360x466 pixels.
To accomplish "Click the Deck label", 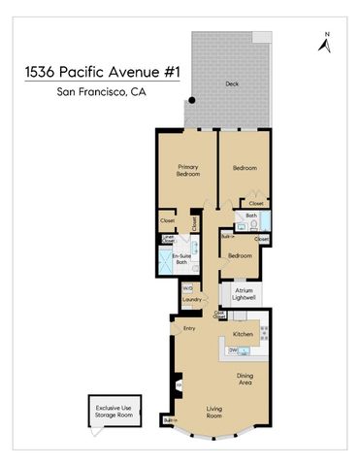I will pos(231,83).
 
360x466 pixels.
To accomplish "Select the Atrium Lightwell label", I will pos(243,295).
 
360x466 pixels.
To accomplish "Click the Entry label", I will pos(190,329).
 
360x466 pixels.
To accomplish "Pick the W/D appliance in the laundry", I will pos(187,287).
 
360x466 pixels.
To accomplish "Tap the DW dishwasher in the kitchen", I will pos(234,349).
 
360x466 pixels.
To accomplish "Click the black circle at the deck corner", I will pos(192,99).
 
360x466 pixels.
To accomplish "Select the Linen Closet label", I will pos(168,239).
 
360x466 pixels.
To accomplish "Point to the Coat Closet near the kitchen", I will pos(221,314).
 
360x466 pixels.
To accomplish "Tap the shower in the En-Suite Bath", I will pos(167,260).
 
